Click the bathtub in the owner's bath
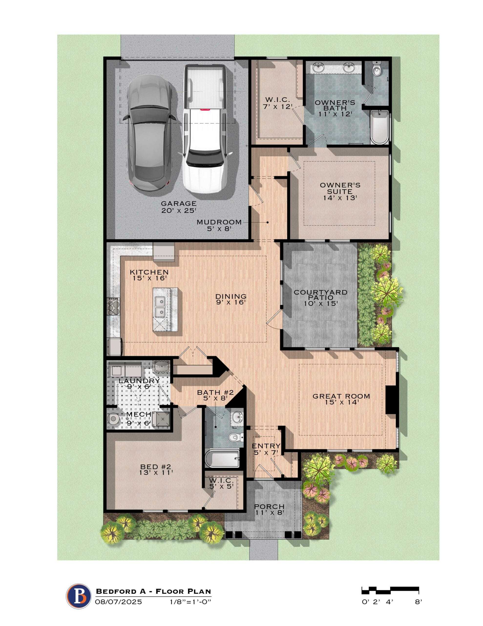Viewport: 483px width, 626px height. pyautogui.click(x=379, y=127)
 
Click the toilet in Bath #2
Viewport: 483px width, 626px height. pyautogui.click(x=236, y=437)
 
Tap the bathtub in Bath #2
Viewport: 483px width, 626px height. pyautogui.click(x=222, y=458)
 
